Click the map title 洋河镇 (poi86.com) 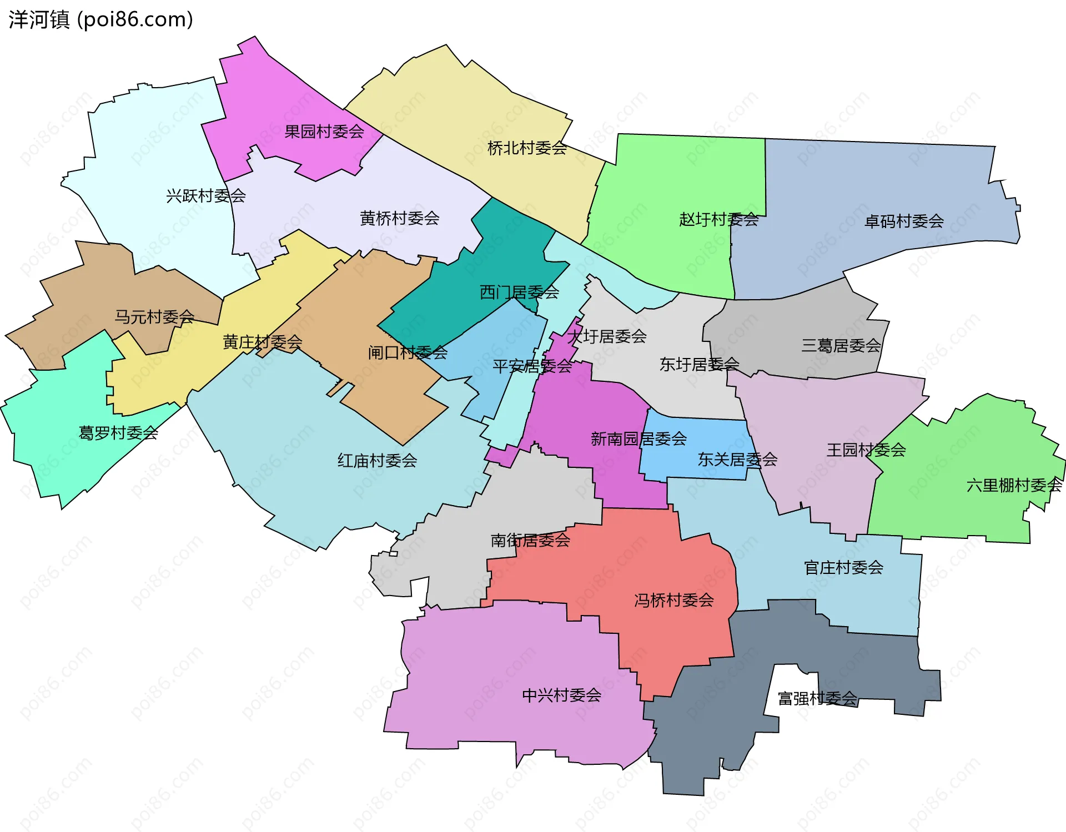(x=100, y=19)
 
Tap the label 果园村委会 (x=324, y=132)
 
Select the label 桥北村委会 (x=527, y=148)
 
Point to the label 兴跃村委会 (x=206, y=195)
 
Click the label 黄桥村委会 (x=400, y=218)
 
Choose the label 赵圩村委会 (x=718, y=219)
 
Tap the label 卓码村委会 (x=904, y=221)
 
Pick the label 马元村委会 (x=154, y=317)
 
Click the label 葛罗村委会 (x=118, y=432)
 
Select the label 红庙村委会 (x=378, y=460)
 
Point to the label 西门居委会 (x=519, y=292)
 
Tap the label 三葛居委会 (x=841, y=346)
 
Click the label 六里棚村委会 (x=1014, y=485)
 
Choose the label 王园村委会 (x=866, y=450)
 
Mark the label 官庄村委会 (x=843, y=567)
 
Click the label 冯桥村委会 (x=674, y=600)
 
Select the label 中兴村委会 (x=562, y=695)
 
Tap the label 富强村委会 (x=817, y=698)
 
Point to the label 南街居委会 (x=530, y=540)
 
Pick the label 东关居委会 (x=737, y=459)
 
